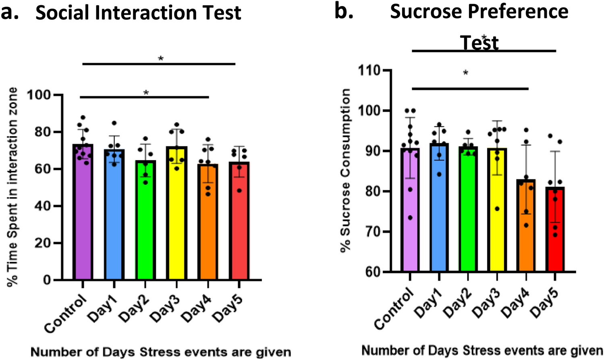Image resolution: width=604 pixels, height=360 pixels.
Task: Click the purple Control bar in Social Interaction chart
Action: pyautogui.click(x=83, y=214)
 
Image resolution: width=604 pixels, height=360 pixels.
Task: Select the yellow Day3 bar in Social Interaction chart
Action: pyautogui.click(x=177, y=214)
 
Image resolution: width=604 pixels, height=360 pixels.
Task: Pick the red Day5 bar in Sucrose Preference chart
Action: pyautogui.click(x=555, y=230)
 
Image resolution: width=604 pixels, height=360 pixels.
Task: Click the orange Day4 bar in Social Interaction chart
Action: pyautogui.click(x=208, y=222)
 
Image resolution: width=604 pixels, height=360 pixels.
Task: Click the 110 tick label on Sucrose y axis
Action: pyautogui.click(x=369, y=71)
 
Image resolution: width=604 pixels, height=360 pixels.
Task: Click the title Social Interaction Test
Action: pyautogui.click(x=138, y=13)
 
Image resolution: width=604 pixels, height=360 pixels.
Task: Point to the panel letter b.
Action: pyautogui.click(x=344, y=11)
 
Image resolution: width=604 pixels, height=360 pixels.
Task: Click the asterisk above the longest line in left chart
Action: pyautogui.click(x=161, y=59)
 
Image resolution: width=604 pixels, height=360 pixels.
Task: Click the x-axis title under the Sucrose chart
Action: pyautogui.click(x=482, y=350)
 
